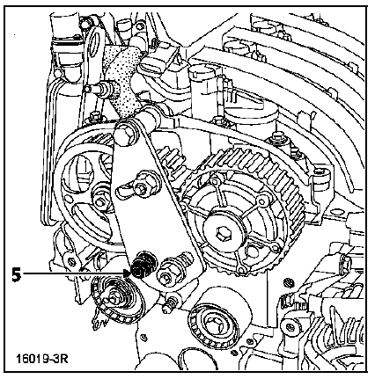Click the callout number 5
(x=17, y=275)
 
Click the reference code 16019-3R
(x=42, y=359)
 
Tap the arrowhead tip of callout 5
(x=130, y=273)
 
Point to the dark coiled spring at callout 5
(x=143, y=264)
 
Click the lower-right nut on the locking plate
(x=166, y=275)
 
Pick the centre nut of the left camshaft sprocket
(x=99, y=200)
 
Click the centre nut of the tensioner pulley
(x=113, y=301)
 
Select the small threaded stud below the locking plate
(x=170, y=305)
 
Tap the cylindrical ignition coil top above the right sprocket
(x=202, y=72)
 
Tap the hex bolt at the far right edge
(x=346, y=263)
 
